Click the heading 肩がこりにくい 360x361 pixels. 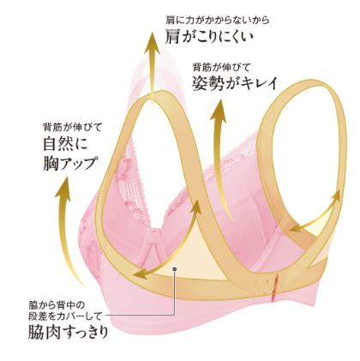click(209, 38)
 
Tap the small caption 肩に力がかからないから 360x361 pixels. click(218, 21)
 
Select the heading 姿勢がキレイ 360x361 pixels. click(235, 83)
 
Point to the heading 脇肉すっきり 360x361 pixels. click(69, 332)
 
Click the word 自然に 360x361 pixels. click(65, 144)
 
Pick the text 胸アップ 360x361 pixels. click(69, 164)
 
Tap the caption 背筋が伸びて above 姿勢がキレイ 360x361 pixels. click(222, 68)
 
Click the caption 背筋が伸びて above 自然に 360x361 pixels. click(72, 127)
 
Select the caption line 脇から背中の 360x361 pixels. click(57, 305)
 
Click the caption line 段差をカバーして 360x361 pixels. click(65, 316)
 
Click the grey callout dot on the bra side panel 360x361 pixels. click(175, 268)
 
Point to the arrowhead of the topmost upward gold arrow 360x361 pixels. click(152, 43)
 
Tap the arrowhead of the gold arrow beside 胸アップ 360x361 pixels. click(64, 187)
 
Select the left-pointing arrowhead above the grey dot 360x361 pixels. click(143, 274)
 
